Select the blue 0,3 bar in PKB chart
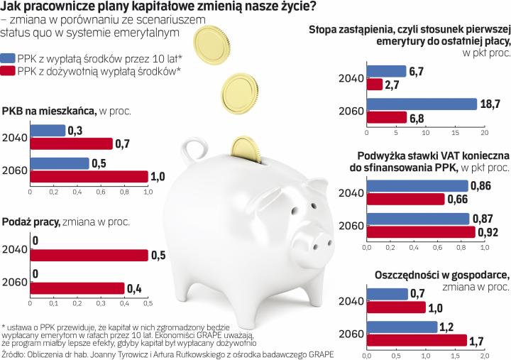[47, 131]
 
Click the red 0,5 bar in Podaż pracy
[88, 256]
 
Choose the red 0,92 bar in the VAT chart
[421, 231]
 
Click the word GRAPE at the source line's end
[317, 353]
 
